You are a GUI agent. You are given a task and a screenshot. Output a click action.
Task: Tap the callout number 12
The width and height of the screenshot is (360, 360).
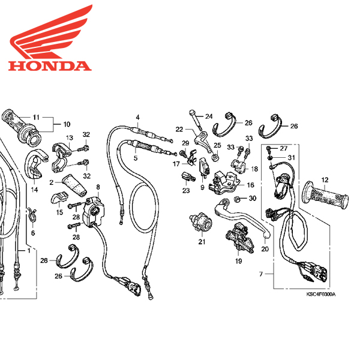325,179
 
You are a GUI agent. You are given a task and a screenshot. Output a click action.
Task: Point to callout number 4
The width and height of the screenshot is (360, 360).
137,116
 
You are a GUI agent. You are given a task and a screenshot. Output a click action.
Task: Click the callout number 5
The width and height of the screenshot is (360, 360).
136,158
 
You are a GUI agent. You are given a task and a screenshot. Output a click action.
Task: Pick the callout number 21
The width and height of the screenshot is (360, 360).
202,242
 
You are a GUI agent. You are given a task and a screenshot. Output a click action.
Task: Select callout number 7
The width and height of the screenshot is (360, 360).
261,274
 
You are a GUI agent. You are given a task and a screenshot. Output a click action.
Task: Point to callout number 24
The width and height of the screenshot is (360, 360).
209,116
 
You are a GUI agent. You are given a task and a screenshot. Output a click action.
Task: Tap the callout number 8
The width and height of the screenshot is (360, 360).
98,188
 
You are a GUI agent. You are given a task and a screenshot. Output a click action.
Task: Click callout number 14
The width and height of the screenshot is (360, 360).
34,190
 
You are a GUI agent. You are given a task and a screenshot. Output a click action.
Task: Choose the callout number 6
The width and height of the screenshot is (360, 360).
33,233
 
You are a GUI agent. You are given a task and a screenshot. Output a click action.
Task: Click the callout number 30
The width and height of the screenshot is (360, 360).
253,198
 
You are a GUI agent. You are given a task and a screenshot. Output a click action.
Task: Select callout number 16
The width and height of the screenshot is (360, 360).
251,185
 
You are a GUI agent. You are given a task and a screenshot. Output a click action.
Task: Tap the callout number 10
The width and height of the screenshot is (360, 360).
66,125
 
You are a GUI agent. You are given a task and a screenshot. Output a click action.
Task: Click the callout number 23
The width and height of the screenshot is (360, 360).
185,190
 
